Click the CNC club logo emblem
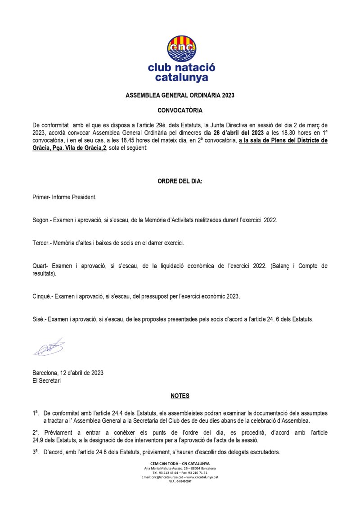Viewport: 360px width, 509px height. click(181, 49)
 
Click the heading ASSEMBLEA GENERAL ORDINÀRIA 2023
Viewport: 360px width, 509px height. click(180, 96)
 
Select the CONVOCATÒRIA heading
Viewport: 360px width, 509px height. click(180, 110)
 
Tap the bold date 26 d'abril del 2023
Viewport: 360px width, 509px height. click(238, 133)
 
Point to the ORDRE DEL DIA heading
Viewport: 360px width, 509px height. click(180, 182)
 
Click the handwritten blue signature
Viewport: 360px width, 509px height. click(49, 348)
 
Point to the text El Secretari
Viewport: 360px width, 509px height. click(47, 381)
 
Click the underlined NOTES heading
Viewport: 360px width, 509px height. click(180, 396)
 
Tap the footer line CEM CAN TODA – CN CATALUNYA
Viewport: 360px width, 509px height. click(180, 463)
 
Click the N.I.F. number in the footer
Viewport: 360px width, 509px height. click(180, 481)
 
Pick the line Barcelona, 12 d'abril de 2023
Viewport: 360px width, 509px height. click(68, 373)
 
